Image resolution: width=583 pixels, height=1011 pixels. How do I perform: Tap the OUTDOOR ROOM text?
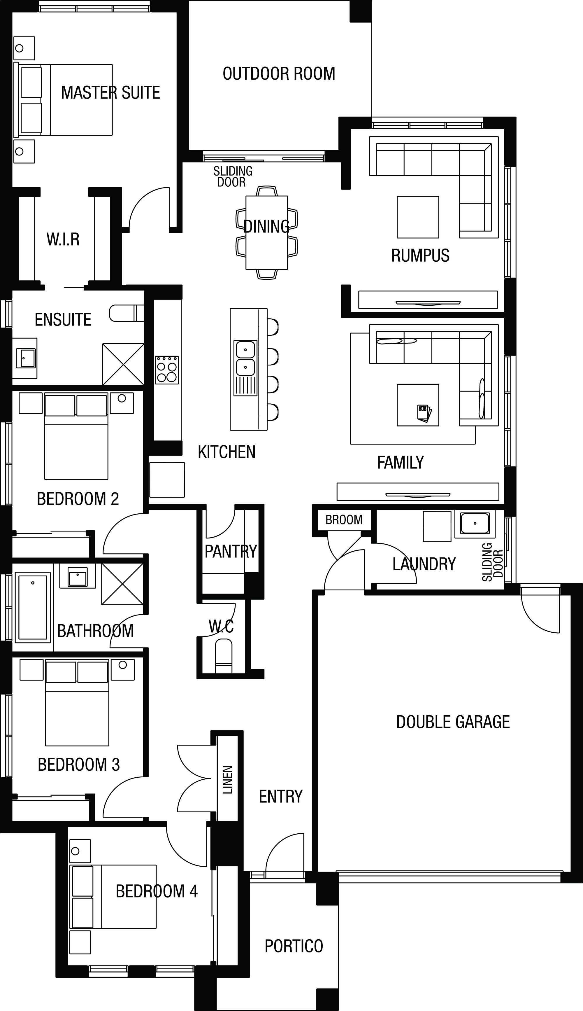tap(279, 74)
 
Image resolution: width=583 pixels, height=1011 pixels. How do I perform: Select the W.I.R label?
tap(63, 239)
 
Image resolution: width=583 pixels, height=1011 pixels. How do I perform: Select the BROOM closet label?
tap(344, 520)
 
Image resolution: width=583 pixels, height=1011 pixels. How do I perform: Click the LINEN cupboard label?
tap(227, 779)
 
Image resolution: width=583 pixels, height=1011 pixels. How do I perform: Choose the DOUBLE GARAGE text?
tap(453, 722)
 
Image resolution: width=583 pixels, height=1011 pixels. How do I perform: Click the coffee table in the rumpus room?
tap(418, 217)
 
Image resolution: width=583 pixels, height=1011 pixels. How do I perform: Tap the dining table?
tap(267, 232)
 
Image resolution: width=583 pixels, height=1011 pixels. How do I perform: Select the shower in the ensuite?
tap(123, 364)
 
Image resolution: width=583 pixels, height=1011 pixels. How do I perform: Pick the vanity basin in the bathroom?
tap(78, 577)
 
